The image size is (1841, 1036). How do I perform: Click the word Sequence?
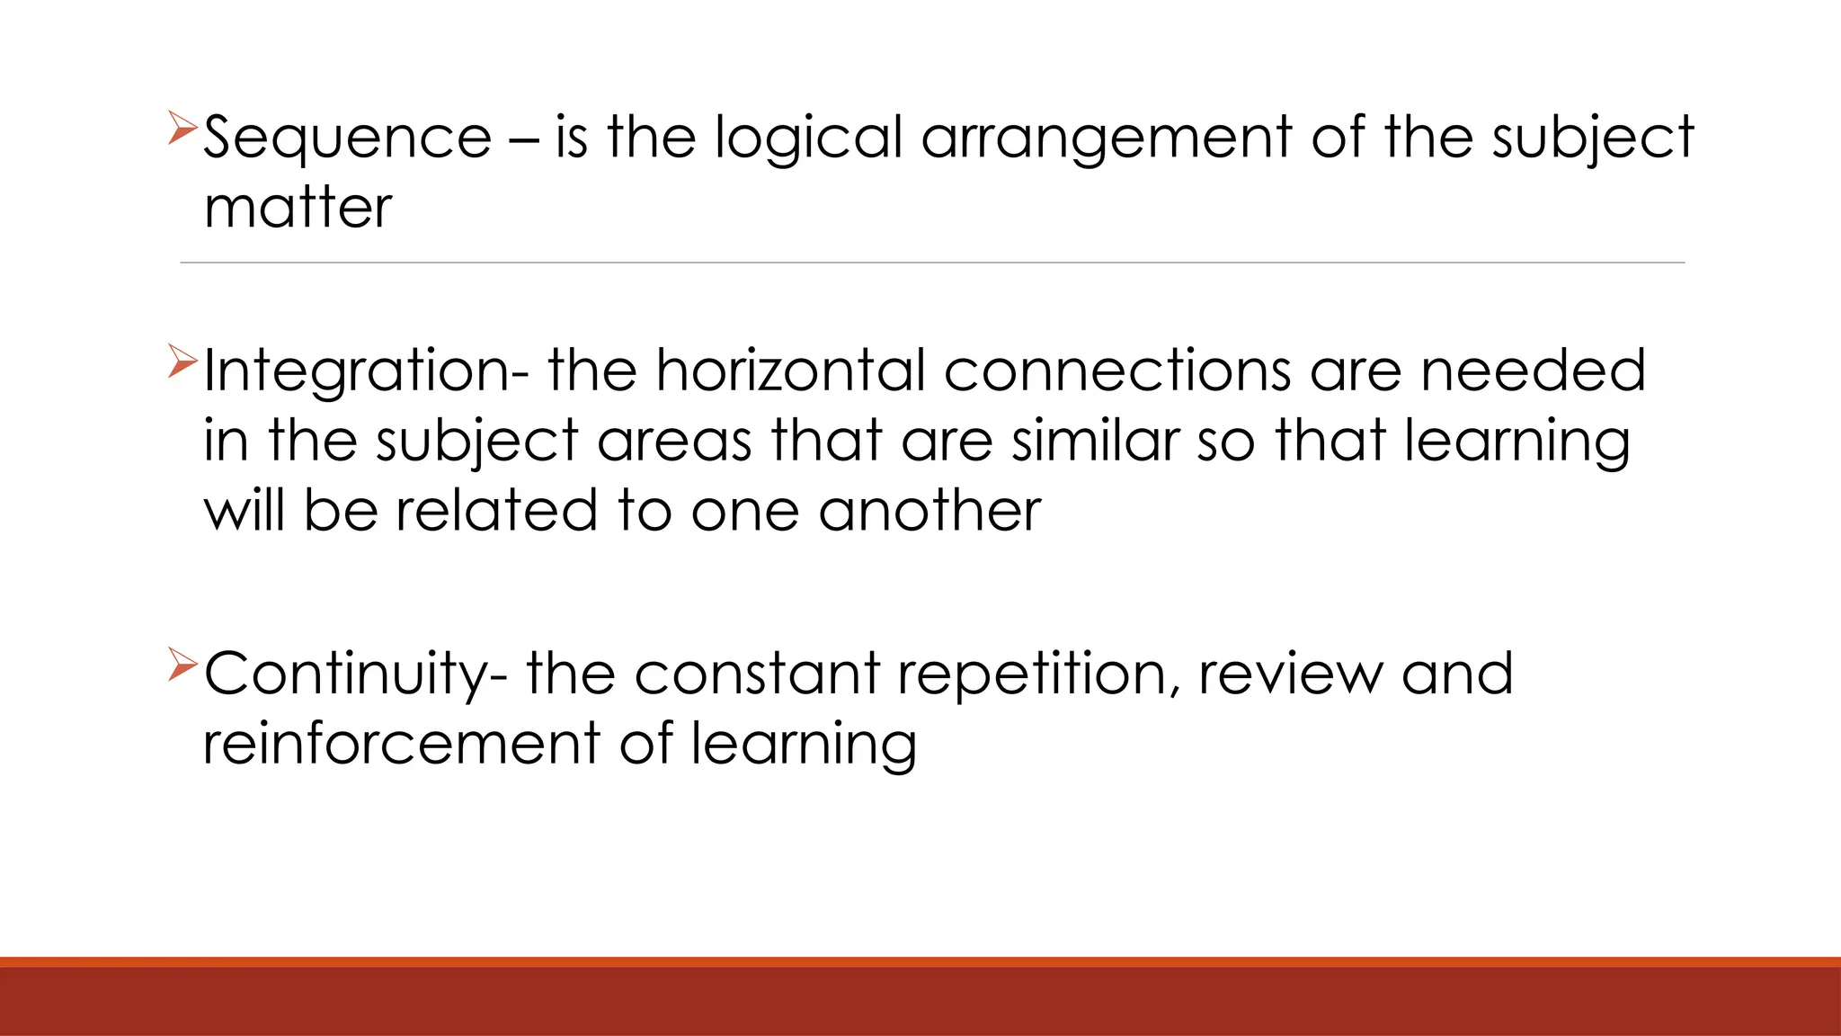(348, 139)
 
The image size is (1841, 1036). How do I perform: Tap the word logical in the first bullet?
(808, 139)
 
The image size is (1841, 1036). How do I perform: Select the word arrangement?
(1107, 139)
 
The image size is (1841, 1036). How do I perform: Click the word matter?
(298, 209)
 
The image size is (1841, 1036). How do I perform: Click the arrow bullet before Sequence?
(182, 129)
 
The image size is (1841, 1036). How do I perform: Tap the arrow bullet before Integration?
(182, 362)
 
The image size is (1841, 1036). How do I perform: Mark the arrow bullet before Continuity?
(182, 665)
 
